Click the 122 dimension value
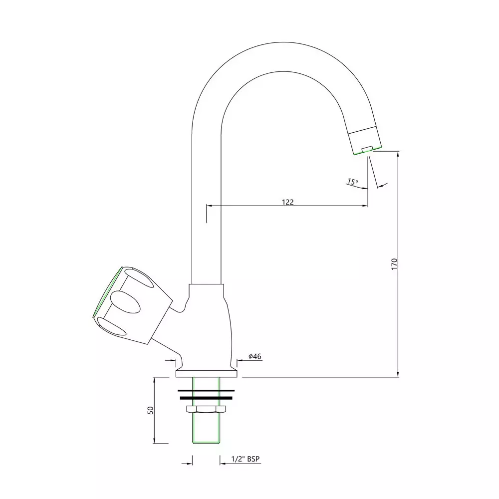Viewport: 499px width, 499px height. (x=288, y=202)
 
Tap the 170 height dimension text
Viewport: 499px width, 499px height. (x=394, y=264)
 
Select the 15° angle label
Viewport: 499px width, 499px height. (x=352, y=182)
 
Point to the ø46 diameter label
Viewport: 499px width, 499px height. (x=255, y=356)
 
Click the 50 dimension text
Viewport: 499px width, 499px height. (x=151, y=410)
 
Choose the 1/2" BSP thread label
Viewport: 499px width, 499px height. (x=246, y=459)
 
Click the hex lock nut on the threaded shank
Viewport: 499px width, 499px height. (x=206, y=409)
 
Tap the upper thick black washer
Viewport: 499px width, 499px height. (x=206, y=391)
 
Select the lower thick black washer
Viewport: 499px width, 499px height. (x=206, y=398)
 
